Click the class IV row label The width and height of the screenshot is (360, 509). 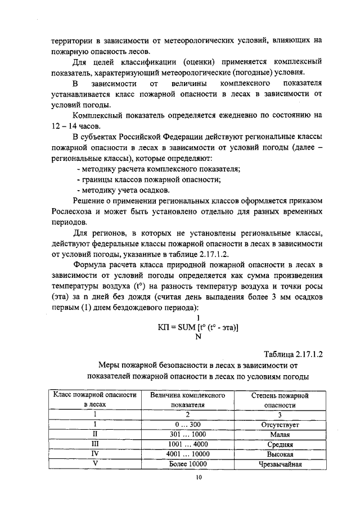(95, 454)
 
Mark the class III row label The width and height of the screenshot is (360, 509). (95, 444)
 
